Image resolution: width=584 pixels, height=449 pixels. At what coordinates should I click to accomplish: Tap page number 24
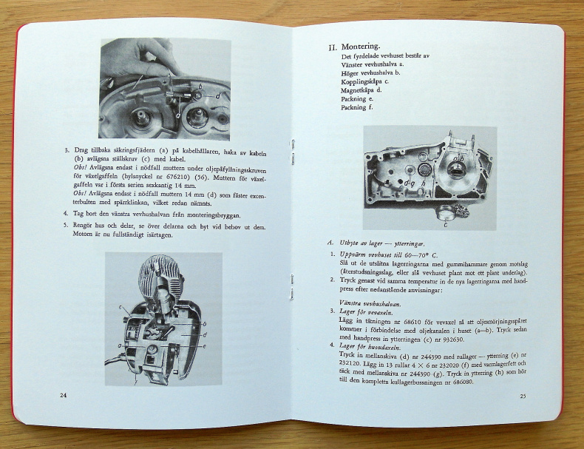pyautogui.click(x=64, y=396)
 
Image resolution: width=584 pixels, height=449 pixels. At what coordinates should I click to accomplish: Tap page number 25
pyautogui.click(x=522, y=396)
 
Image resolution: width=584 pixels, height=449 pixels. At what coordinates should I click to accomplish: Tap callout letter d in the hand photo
pyautogui.click(x=217, y=95)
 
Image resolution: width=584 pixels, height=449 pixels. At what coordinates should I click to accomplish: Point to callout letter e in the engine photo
pyautogui.click(x=204, y=346)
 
